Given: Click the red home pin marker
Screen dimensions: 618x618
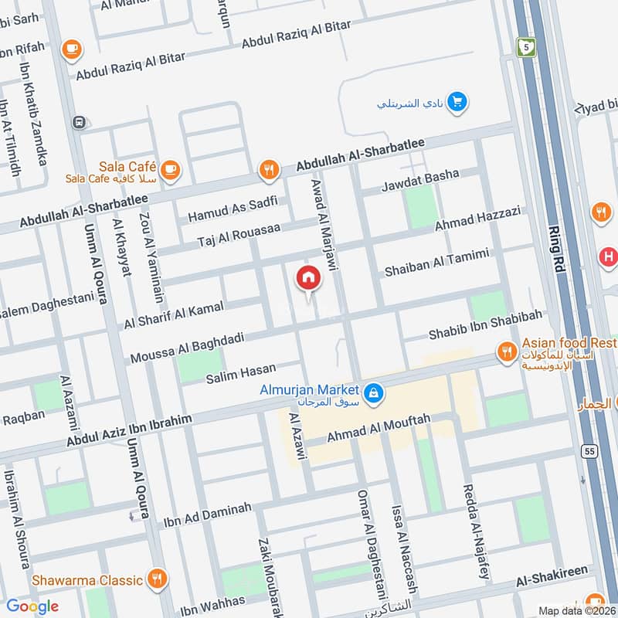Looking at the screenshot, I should pyautogui.click(x=308, y=278).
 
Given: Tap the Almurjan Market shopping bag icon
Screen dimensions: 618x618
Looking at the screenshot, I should pyautogui.click(x=374, y=394).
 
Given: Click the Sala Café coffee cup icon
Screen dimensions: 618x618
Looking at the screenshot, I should pyautogui.click(x=171, y=169).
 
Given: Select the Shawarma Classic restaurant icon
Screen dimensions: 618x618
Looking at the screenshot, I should pyautogui.click(x=158, y=579).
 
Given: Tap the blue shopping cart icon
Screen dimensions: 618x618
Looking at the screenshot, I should pyautogui.click(x=457, y=101).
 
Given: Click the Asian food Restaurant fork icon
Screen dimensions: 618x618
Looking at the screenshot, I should pyautogui.click(x=507, y=352).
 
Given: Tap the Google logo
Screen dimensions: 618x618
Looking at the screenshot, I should pyautogui.click(x=33, y=606).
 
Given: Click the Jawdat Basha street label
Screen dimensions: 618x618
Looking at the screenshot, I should pyautogui.click(x=420, y=180).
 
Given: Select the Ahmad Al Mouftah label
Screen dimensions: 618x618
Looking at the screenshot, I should pyautogui.click(x=378, y=427).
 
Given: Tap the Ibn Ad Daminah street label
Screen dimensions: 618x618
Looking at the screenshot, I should pyautogui.click(x=207, y=516).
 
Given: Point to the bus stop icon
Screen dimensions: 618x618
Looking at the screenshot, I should pyautogui.click(x=78, y=122).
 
